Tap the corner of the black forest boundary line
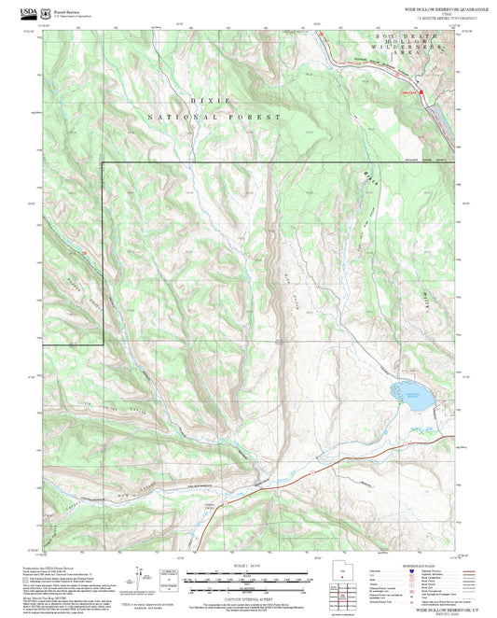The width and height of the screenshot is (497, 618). point(102,162)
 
